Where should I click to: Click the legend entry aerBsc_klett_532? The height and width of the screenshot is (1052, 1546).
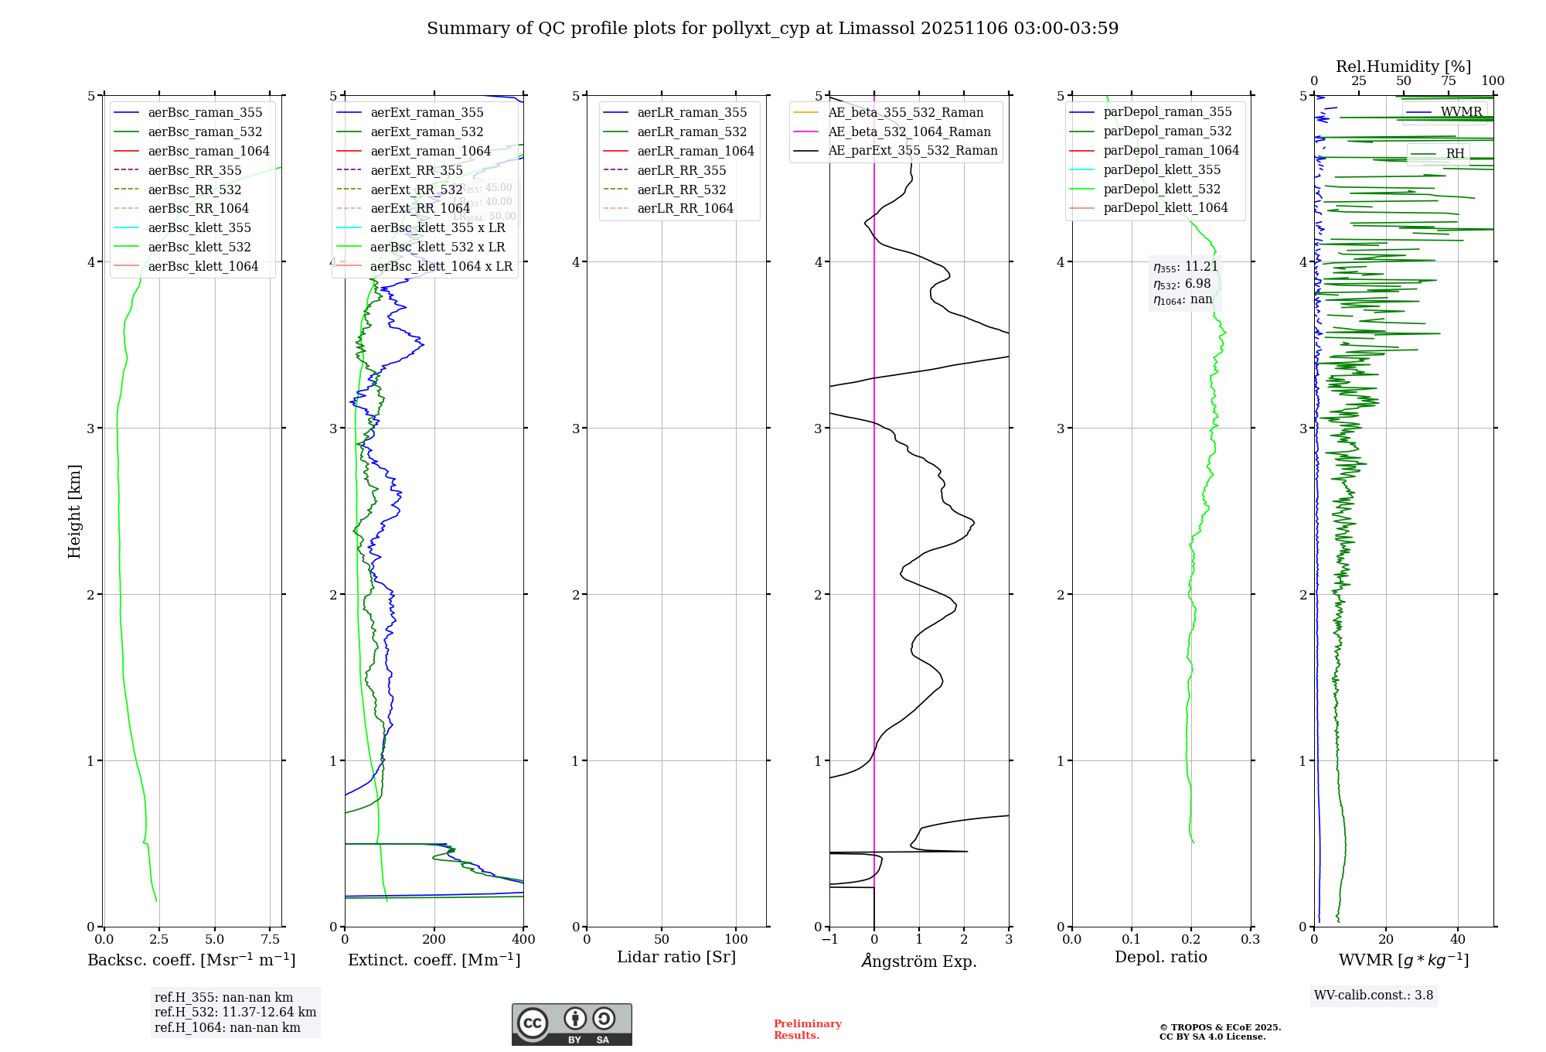point(199,247)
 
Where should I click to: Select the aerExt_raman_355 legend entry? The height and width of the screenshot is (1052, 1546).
point(427,113)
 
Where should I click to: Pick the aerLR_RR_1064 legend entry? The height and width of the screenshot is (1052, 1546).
point(685,208)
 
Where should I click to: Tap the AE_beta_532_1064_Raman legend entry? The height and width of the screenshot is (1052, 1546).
point(909,131)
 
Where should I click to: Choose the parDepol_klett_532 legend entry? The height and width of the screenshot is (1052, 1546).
point(1162,189)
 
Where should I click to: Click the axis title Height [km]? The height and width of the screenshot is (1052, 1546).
point(74,511)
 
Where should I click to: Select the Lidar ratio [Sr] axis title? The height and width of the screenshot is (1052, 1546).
point(676,957)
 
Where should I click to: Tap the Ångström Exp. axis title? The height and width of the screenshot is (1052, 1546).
point(919,961)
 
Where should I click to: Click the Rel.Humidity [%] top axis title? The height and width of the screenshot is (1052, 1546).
point(1403,67)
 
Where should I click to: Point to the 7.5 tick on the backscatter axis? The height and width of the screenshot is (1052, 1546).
point(271,939)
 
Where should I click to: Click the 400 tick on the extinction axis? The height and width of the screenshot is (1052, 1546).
point(523,939)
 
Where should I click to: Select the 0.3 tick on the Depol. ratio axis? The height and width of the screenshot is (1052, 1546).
point(1251,939)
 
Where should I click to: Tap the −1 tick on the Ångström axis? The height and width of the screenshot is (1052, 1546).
point(829,939)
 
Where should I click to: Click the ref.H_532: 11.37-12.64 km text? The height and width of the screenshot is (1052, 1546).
point(235,1012)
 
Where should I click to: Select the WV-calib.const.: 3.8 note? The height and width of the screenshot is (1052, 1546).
point(1374,995)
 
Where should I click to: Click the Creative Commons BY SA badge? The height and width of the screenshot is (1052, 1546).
point(571,1024)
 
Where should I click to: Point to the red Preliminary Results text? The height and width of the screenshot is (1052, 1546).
point(807,1029)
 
